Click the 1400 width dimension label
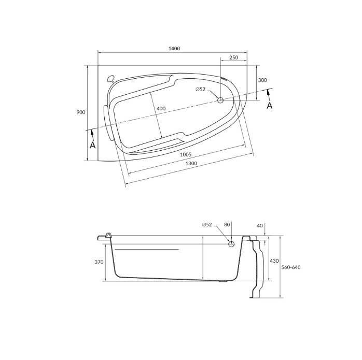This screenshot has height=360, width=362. coord(174,48)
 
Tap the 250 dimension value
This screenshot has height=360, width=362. coord(233,57)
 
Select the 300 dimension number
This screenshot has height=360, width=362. coord(262,80)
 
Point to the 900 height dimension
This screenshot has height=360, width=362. coord(81,112)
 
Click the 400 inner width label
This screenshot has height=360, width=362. coord(161,108)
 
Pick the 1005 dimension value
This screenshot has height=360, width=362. coord(186,154)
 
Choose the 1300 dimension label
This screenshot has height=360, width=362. coord(191,164)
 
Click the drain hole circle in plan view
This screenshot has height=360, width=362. coord(220,100)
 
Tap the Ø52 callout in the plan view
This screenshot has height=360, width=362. coord(200,89)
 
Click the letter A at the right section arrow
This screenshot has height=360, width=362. coord(269,106)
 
